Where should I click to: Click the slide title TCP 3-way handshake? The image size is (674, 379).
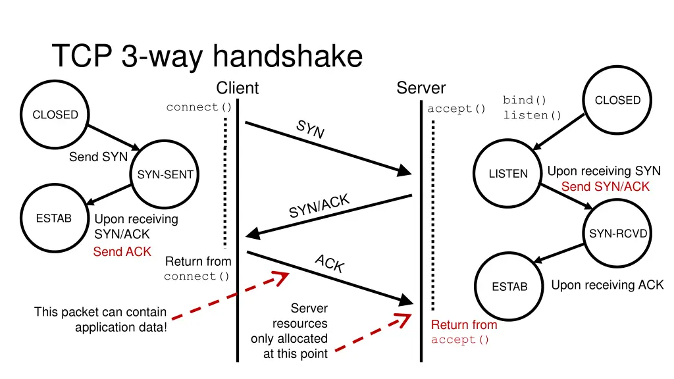click(x=207, y=56)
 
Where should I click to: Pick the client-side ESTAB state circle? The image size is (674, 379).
click(x=54, y=218)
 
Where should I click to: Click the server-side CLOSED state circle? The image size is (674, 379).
click(x=617, y=100)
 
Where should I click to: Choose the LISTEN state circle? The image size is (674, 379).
click(x=508, y=174)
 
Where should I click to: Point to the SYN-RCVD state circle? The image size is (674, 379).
click(x=618, y=234)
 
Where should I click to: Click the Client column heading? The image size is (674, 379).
click(x=238, y=88)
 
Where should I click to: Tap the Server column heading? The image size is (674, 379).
click(x=421, y=88)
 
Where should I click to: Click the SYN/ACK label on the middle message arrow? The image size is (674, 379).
click(x=319, y=206)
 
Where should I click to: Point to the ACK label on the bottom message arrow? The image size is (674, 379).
click(x=329, y=264)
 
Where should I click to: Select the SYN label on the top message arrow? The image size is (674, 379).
click(x=310, y=130)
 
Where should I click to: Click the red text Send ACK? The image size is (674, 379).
click(x=122, y=252)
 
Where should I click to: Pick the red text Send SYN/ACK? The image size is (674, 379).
click(x=605, y=187)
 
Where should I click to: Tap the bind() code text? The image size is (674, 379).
click(x=525, y=100)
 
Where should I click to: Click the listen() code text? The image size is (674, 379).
click(x=532, y=115)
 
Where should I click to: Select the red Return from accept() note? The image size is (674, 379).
click(x=463, y=332)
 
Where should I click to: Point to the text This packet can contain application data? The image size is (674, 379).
click(x=101, y=319)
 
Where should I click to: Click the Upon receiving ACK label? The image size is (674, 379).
click(x=607, y=285)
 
